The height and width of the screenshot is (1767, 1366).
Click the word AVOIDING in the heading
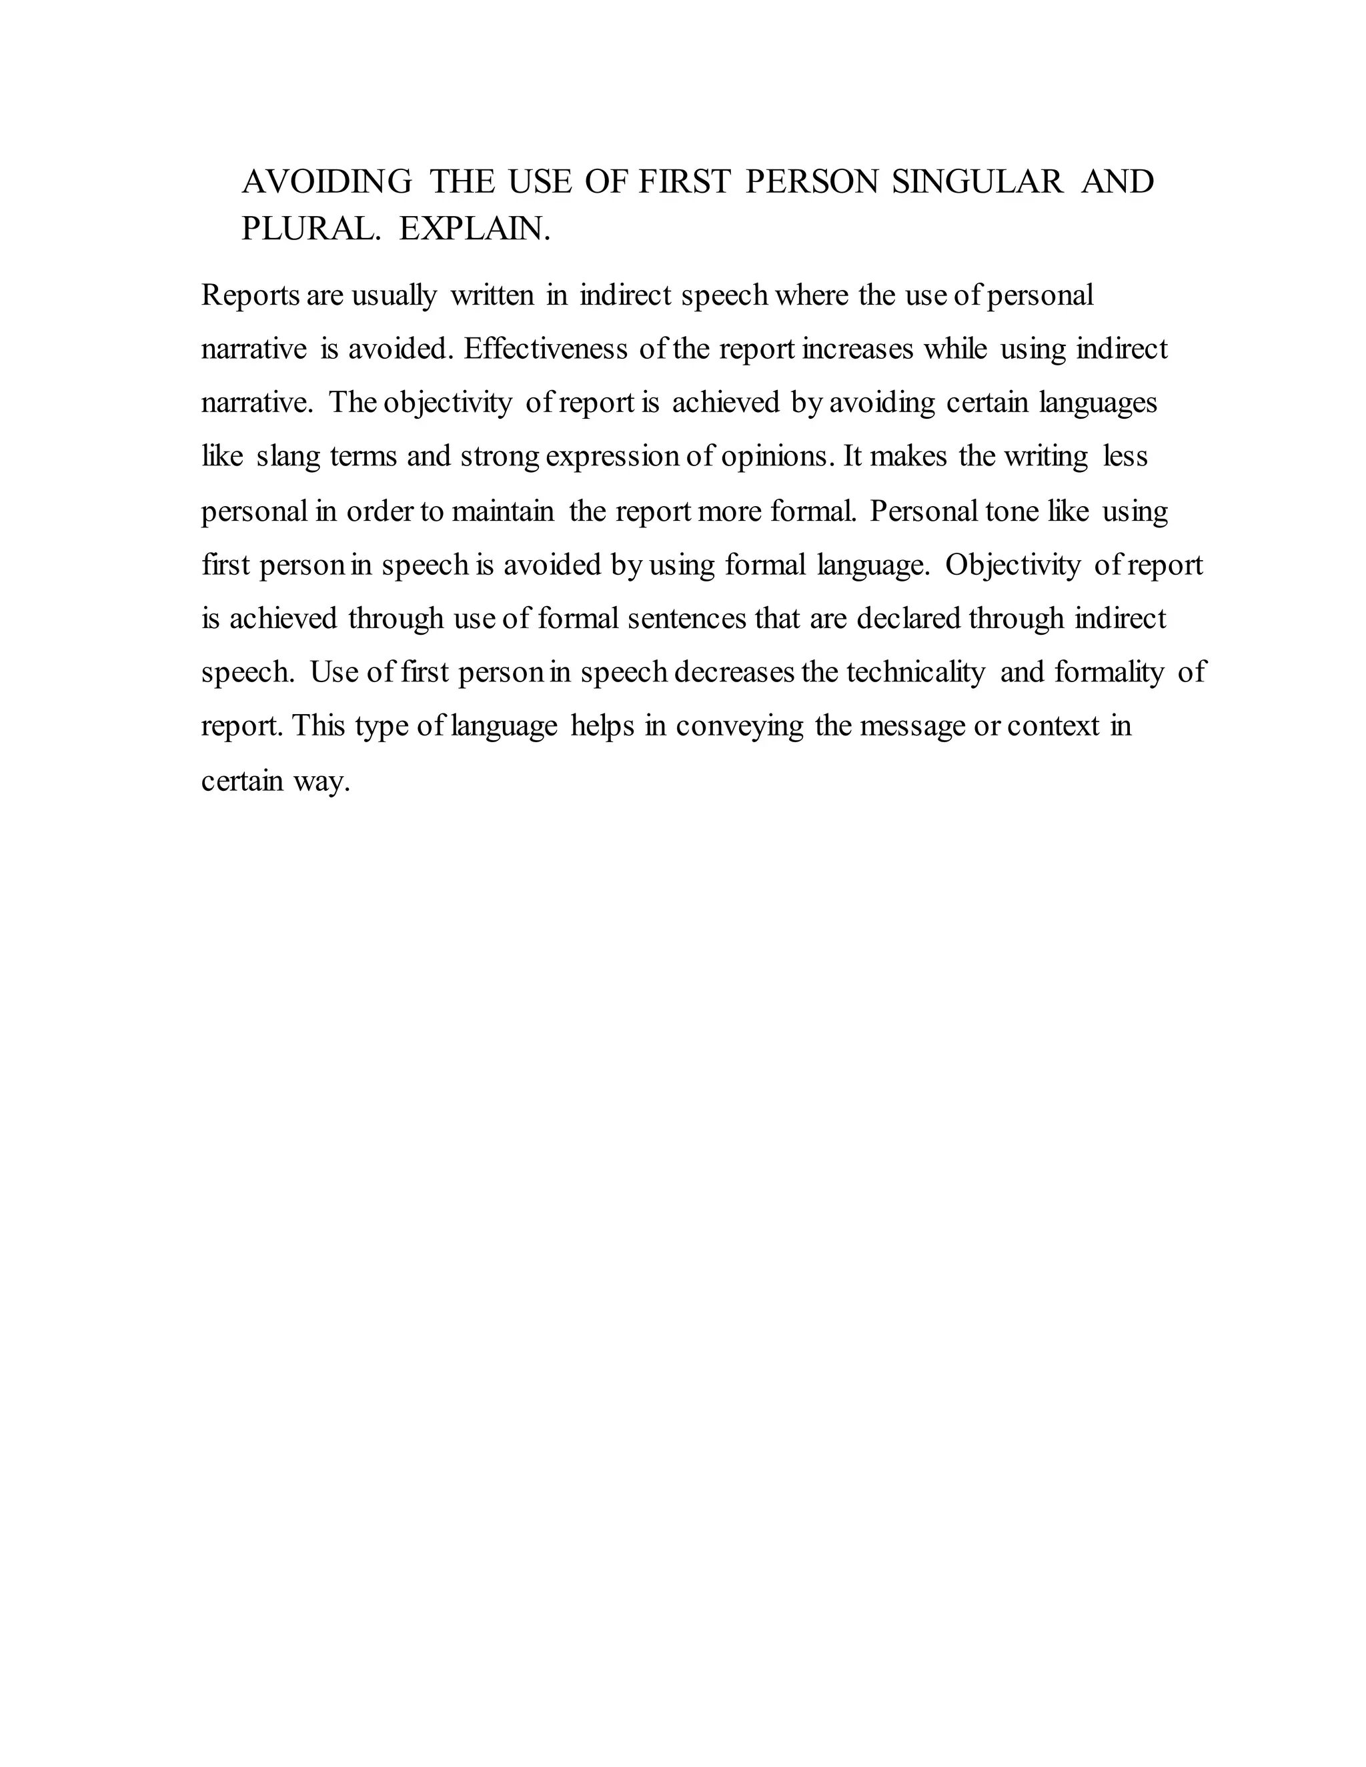pyautogui.click(x=327, y=181)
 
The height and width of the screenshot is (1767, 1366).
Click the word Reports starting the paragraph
pyautogui.click(x=250, y=296)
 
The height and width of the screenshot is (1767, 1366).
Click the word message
pyautogui.click(x=912, y=727)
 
